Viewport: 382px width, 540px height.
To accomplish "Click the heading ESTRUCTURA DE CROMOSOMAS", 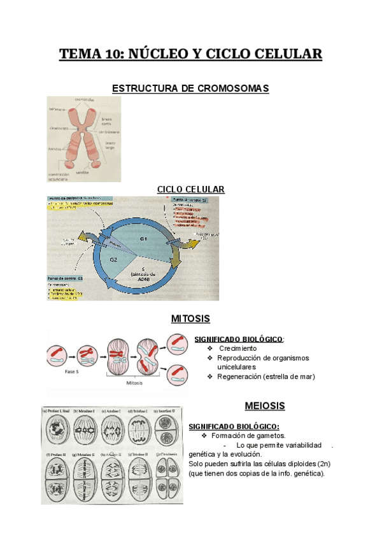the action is (x=190, y=89).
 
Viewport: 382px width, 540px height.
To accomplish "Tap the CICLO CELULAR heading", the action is (x=190, y=190).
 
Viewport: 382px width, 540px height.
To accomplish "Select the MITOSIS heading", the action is (x=190, y=318).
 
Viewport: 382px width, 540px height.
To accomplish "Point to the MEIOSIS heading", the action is (x=265, y=406).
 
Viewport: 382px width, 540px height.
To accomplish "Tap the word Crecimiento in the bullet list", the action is (x=238, y=349).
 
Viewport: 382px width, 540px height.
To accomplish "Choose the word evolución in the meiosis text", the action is (x=243, y=454).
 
